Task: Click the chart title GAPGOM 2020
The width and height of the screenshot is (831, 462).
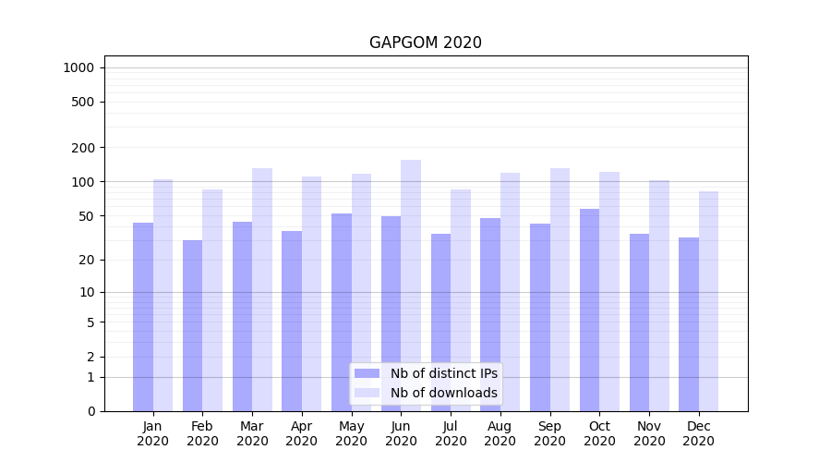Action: [x=425, y=43]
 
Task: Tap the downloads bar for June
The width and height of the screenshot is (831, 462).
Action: [x=411, y=286]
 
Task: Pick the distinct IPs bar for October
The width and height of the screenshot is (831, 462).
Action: [x=590, y=310]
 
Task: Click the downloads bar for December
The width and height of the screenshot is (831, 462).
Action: [x=708, y=301]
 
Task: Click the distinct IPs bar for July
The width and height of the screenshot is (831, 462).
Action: [x=440, y=322]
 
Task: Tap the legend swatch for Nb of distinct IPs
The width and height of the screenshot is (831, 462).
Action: [x=367, y=373]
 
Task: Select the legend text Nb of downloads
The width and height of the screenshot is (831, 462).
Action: [x=443, y=393]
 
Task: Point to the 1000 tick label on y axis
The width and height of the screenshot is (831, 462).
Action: [x=78, y=67]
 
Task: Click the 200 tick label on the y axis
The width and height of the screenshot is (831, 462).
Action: [x=82, y=148]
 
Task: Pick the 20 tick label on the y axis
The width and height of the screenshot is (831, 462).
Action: [x=86, y=260]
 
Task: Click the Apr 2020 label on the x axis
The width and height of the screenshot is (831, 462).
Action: [x=302, y=433]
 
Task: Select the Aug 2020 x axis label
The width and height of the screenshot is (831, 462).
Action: [x=500, y=433]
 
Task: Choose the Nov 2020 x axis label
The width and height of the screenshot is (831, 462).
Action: [x=649, y=433]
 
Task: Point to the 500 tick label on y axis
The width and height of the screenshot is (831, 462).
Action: [x=82, y=102]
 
